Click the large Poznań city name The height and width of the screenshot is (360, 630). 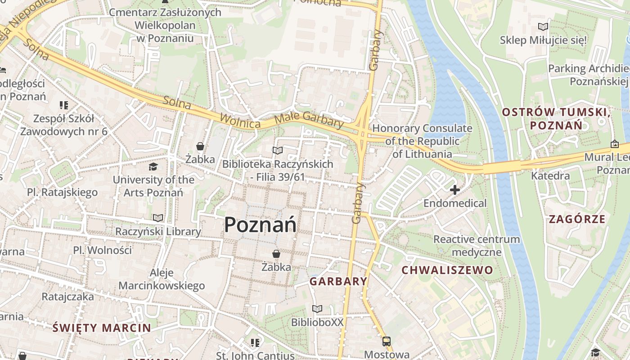coord(260,224)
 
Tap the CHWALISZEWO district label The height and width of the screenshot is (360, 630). coord(447,270)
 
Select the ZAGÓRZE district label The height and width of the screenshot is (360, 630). coord(577,219)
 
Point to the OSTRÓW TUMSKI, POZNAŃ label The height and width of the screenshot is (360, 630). coord(556,118)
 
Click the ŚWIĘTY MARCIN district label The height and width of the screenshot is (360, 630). coord(102,328)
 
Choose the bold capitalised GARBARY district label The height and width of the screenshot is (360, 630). coord(338,282)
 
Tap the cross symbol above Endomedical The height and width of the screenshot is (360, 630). coord(455,190)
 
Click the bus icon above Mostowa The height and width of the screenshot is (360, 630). coord(386,342)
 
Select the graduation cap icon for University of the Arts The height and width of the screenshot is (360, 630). coord(153,167)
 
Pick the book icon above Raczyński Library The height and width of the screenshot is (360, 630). coord(157,218)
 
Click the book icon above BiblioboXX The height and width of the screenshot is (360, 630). coord(317,309)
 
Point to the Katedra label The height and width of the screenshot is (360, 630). coord(550,175)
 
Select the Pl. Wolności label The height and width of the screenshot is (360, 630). coord(103,250)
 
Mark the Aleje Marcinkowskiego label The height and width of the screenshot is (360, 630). coord(162,279)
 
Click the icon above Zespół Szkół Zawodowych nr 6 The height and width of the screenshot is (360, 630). coord(63,105)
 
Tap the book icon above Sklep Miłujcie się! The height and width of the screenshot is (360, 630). coord(543,27)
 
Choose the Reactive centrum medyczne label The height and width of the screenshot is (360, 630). coord(477,245)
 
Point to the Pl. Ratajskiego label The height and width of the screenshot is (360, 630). coord(62,193)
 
